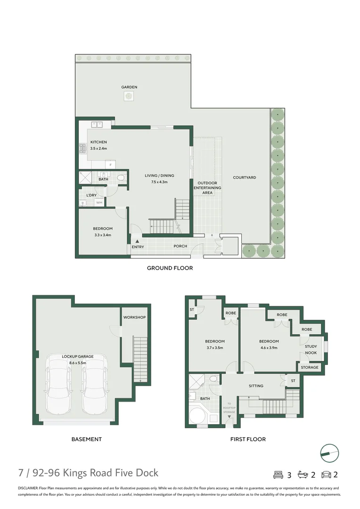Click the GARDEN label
(x=129, y=87)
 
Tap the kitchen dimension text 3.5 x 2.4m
(x=98, y=148)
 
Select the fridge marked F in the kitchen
(x=111, y=164)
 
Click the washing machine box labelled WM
(x=99, y=203)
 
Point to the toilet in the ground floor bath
(x=121, y=178)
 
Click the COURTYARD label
(x=245, y=178)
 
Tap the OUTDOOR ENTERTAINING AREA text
(x=207, y=188)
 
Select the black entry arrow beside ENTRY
(x=137, y=241)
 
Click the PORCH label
(x=180, y=246)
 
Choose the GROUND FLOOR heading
(x=170, y=268)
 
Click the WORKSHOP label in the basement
(x=134, y=317)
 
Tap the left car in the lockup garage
(x=58, y=384)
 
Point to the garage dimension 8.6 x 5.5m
(x=78, y=362)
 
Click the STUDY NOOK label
(x=311, y=350)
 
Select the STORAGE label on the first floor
(x=310, y=367)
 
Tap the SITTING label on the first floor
(x=256, y=386)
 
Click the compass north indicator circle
(x=329, y=453)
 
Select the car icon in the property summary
(x=326, y=475)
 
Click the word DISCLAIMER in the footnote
(x=28, y=488)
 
